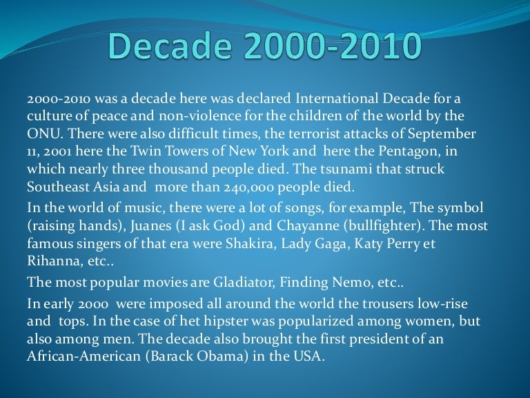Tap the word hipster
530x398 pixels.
coord(221,321)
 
